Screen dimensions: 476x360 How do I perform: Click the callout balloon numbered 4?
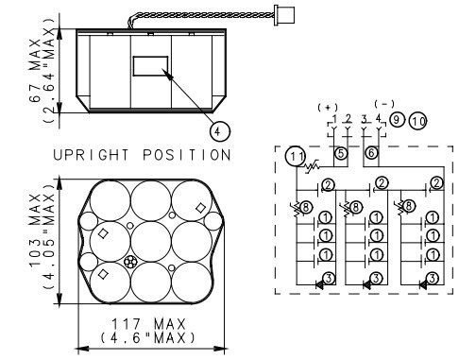[219, 131]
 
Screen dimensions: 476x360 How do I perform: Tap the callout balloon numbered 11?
[296, 156]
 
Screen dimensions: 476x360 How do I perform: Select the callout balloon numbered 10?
[417, 121]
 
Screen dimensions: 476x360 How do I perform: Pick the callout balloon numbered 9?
[397, 119]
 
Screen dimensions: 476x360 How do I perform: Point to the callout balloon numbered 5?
[341, 153]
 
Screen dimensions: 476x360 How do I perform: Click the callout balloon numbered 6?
[371, 153]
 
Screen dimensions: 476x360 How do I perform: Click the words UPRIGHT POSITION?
[142, 155]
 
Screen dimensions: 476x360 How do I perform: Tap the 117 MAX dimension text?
[148, 324]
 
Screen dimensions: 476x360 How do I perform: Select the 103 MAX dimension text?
[35, 231]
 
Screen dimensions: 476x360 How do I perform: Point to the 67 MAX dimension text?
[35, 70]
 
